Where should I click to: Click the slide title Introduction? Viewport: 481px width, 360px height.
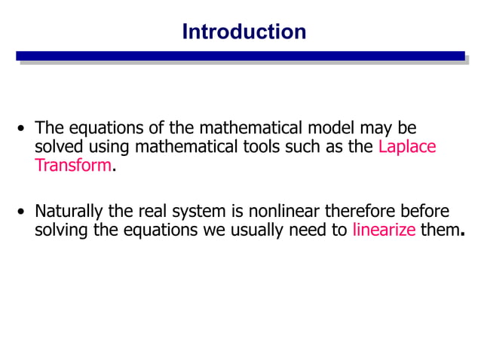[244, 32]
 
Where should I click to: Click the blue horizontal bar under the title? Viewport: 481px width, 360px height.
[240, 56]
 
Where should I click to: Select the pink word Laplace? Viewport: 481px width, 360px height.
[407, 147]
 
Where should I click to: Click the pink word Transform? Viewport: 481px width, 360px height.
[73, 166]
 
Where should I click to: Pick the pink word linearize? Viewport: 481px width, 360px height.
[384, 230]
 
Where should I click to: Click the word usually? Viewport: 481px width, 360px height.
[256, 230]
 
